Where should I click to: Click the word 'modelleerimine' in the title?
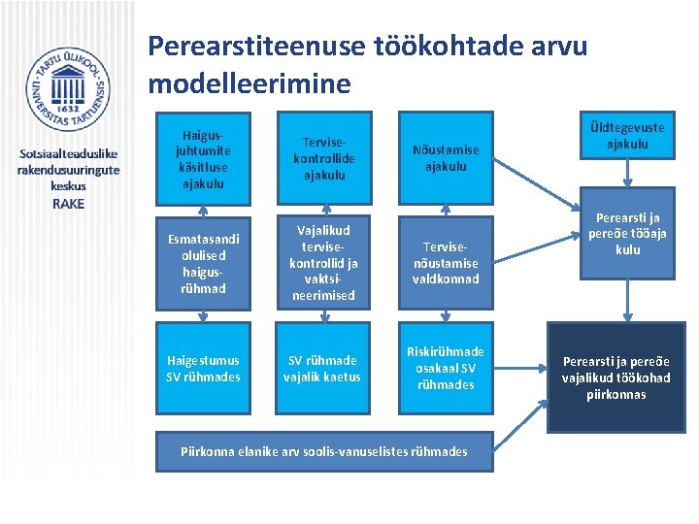tap(250, 83)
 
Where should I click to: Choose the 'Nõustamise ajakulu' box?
tap(446, 157)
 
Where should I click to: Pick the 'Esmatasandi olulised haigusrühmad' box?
tap(202, 263)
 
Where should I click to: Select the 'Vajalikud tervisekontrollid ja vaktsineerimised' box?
tap(323, 262)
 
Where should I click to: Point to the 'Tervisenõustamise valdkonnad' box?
tap(446, 263)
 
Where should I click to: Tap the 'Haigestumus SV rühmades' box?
tap(202, 369)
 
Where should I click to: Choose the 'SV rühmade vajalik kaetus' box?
tap(323, 369)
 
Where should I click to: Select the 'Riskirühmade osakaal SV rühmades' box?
tap(446, 369)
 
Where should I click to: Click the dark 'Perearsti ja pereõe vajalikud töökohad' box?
tap(616, 377)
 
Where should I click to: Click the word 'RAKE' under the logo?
tap(68, 204)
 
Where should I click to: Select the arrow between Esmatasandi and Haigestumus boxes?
tap(202, 315)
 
